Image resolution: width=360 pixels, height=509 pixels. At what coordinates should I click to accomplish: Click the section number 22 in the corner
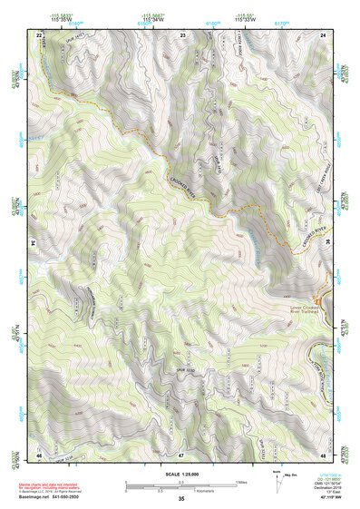[38, 34]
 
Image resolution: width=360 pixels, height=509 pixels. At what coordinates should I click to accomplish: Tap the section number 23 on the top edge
[182, 34]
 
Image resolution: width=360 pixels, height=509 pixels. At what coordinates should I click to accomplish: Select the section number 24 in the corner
[324, 34]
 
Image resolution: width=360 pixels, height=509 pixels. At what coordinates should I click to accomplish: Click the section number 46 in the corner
[39, 454]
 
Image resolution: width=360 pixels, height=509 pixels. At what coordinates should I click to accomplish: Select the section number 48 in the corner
[323, 454]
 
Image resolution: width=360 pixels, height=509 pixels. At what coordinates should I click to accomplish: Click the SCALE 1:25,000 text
[180, 475]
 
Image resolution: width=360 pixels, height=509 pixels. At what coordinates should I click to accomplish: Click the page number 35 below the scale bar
[180, 499]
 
